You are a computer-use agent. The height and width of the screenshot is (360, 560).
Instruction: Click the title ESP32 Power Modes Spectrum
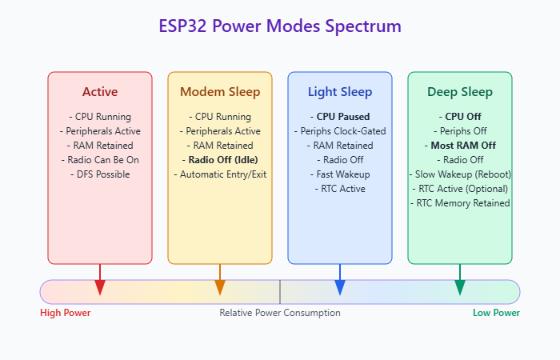[280, 26]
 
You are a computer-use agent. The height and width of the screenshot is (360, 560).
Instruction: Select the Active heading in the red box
[100, 92]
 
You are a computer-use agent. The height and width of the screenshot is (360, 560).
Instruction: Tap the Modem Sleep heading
[220, 92]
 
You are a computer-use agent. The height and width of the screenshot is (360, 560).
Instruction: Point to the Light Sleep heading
[340, 92]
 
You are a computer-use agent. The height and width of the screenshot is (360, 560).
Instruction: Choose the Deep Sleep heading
[460, 92]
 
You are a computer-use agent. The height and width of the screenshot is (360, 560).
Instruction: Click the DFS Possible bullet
[100, 174]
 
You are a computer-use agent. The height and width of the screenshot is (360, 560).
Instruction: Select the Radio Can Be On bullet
[100, 160]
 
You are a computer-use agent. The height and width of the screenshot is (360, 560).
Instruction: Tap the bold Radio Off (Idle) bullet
[220, 160]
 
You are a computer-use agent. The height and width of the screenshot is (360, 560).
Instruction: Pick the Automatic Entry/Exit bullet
[220, 174]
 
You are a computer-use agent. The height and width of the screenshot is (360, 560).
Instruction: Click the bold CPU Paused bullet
[340, 117]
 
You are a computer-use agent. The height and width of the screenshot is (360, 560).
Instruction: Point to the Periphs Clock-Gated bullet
[340, 131]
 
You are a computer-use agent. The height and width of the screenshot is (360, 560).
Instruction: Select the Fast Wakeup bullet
[340, 174]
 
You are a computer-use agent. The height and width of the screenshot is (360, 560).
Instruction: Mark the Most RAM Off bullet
[460, 146]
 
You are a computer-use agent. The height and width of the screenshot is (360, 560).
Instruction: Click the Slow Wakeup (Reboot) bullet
[460, 174]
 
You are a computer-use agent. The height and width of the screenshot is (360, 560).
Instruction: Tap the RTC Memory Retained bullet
[460, 203]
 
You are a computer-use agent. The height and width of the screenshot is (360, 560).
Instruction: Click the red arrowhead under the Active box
[100, 287]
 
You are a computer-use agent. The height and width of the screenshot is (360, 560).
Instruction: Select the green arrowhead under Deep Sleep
[460, 287]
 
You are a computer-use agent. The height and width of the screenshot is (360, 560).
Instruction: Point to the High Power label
[66, 313]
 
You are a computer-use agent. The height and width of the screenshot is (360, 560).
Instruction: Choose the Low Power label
[497, 313]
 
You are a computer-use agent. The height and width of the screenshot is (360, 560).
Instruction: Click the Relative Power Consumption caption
[280, 313]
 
